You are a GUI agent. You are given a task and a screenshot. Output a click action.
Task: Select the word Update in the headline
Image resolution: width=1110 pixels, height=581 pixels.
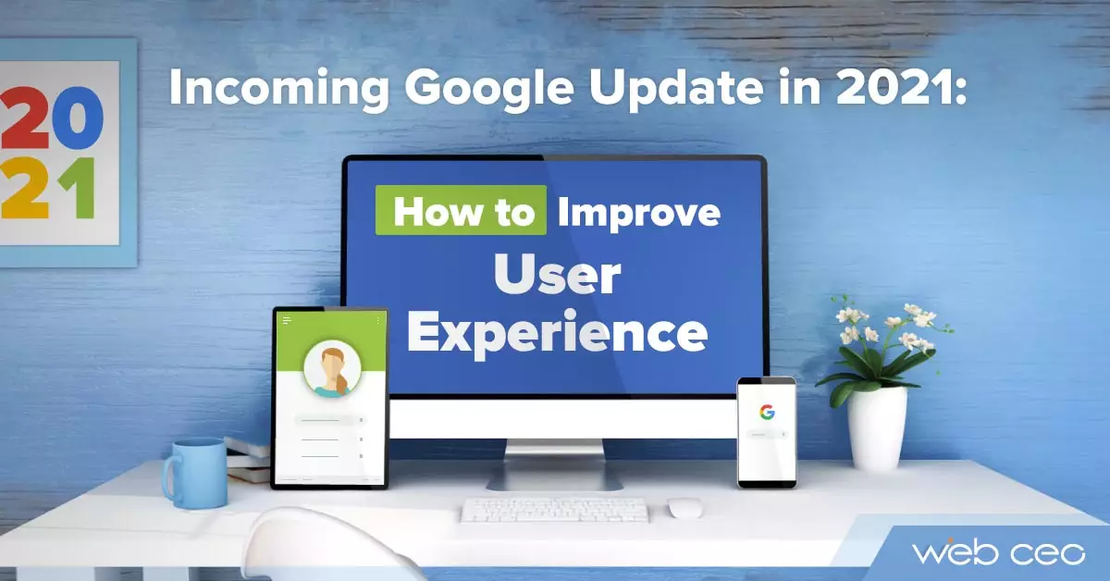coord(676,88)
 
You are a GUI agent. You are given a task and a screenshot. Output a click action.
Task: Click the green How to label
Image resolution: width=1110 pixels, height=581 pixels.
coord(461,210)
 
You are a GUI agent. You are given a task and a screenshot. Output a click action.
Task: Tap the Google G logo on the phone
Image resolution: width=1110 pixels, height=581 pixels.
coord(767,412)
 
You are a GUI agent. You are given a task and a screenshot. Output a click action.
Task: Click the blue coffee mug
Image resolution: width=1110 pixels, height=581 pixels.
coord(194,473)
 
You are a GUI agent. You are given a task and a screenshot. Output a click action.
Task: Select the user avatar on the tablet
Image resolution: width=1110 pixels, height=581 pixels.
coord(332,369)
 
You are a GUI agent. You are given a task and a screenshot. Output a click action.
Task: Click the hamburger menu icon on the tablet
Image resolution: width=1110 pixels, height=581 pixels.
coord(287,320)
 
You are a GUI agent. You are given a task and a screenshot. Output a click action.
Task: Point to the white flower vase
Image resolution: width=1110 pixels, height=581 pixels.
coord(877,428)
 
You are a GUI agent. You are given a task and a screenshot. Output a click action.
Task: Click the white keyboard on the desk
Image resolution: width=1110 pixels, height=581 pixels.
coord(554,510)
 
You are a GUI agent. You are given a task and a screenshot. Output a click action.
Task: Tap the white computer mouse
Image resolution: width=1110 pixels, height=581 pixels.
coord(684,508)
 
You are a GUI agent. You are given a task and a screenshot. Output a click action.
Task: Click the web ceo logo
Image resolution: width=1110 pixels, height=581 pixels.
coord(998,551)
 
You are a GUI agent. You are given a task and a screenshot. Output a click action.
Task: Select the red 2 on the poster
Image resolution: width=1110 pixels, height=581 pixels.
coord(24,117)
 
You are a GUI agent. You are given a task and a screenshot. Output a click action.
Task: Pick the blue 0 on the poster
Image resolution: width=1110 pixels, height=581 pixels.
coord(78,118)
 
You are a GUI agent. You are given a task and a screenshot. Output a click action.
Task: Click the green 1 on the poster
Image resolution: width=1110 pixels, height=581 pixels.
coord(80,188)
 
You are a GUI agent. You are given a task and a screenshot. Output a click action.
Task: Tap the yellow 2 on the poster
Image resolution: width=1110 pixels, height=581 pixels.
coord(25,189)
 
